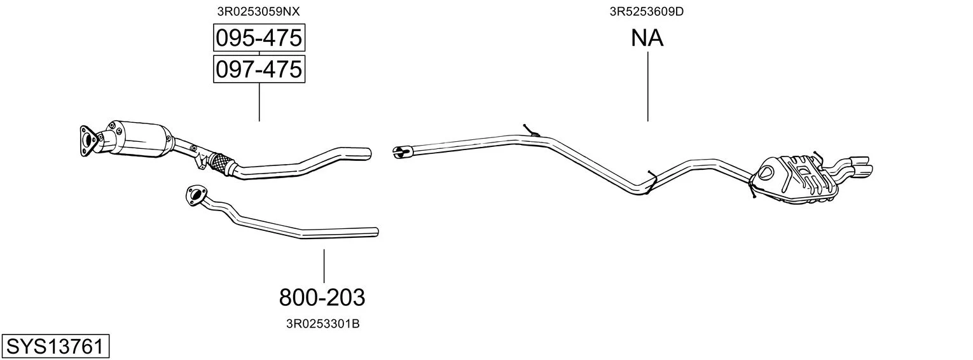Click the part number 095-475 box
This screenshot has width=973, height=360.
[x=259, y=38]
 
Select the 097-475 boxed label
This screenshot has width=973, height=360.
[x=259, y=69]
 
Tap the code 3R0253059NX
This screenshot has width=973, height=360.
[x=258, y=11]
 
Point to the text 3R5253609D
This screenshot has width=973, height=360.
[x=646, y=11]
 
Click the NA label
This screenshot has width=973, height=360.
[x=647, y=38]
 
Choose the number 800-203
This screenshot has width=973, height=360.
[x=322, y=298]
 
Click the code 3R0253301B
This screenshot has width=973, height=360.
[x=322, y=324]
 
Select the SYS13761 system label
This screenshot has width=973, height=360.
[x=55, y=347]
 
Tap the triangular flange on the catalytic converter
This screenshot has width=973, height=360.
[x=88, y=141]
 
